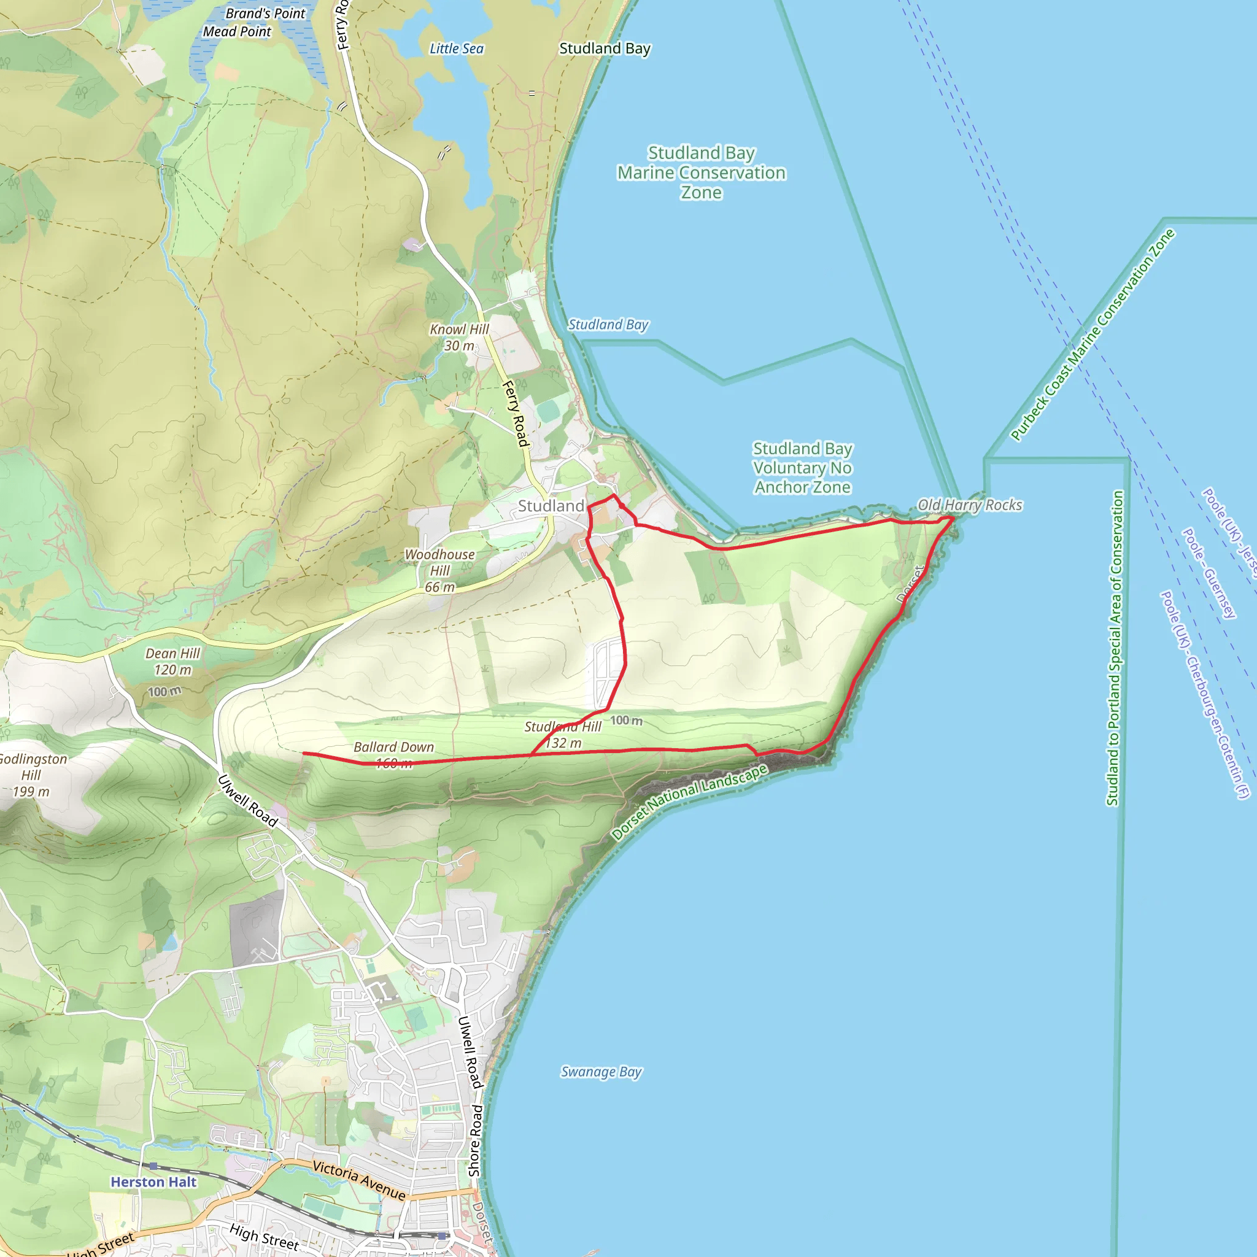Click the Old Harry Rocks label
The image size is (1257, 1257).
pos(969,505)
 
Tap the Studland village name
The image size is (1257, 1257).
pos(551,506)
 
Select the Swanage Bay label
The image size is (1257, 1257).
pos(601,1072)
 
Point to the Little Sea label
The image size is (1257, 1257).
pos(457,49)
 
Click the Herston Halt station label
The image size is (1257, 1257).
pos(153,1182)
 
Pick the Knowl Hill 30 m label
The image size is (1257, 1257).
pos(458,338)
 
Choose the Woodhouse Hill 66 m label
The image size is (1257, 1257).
pos(440,571)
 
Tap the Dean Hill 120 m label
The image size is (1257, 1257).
pos(172,662)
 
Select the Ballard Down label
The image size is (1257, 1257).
pos(393,748)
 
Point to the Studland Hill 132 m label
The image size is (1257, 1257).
pos(563,735)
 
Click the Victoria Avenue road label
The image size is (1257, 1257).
pos(359,1180)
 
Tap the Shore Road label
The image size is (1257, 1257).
pos(476,1140)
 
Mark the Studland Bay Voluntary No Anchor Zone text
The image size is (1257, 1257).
pos(802,468)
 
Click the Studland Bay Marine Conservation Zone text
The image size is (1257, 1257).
pos(702,172)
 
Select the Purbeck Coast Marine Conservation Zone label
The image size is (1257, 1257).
pos(1093,335)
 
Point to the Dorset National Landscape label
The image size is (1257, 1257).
pos(690,802)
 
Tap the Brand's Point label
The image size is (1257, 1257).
pos(265,14)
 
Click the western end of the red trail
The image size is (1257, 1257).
pos(304,754)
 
